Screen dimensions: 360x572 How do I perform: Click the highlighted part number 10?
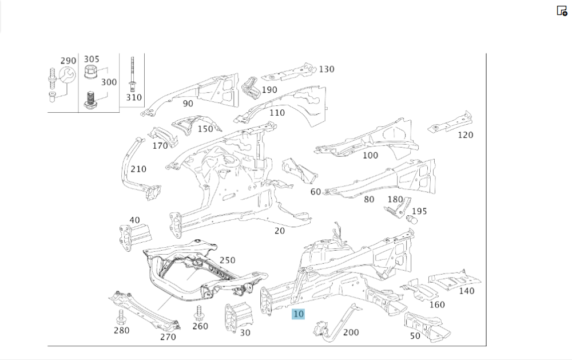(299, 314)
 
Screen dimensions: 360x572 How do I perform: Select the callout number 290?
(68, 61)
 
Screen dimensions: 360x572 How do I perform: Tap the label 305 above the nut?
(92, 59)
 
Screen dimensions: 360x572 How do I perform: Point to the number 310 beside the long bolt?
(133, 97)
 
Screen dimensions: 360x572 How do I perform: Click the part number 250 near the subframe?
(227, 260)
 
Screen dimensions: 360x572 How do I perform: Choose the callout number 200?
(351, 332)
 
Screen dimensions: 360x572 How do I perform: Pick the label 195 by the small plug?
(419, 211)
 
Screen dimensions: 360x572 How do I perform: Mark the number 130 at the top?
(327, 69)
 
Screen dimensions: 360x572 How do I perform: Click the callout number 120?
(466, 135)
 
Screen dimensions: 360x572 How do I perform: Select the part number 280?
(121, 330)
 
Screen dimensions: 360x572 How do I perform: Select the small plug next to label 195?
(410, 219)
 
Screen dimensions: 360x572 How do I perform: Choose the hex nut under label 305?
(90, 72)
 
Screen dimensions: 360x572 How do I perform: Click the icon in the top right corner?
(562, 10)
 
